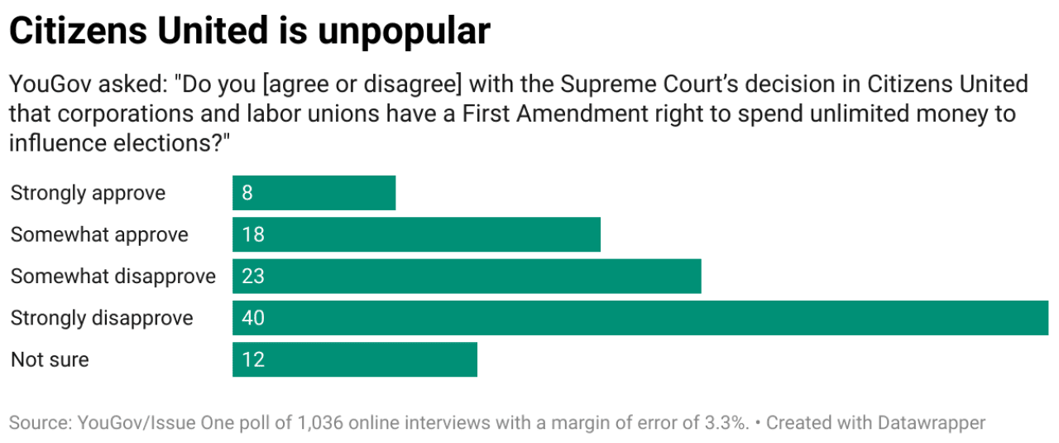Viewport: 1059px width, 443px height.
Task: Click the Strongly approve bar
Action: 314,193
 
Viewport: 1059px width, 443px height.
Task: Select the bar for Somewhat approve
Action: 416,234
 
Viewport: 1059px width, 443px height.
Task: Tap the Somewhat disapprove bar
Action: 467,276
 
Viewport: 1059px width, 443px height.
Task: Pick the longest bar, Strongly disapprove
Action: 640,318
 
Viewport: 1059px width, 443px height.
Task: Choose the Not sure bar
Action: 355,359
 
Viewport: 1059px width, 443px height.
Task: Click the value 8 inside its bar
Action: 247,193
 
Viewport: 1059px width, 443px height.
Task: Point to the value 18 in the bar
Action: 253,234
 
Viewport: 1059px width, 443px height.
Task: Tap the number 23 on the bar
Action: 253,276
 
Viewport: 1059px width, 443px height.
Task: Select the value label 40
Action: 253,318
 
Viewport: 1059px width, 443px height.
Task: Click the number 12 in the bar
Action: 253,359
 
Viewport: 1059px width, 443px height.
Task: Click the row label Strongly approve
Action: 88,193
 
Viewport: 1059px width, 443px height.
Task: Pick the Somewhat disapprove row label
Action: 113,276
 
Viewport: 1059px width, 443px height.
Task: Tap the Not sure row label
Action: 50,359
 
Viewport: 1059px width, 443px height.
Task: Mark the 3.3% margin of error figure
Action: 724,423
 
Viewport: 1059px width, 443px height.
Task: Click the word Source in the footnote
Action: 39,423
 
